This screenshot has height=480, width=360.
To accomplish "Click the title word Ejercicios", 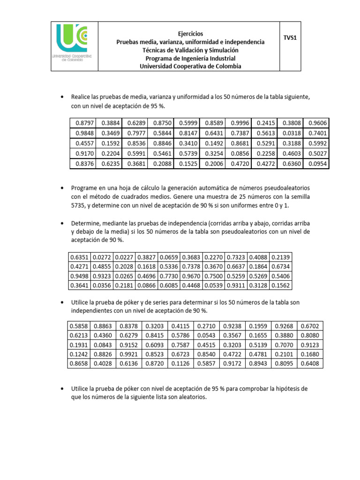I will pyautogui.click(x=190, y=34).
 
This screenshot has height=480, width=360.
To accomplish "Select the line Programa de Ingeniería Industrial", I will pyautogui.click(x=190, y=58).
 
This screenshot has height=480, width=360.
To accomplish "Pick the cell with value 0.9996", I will pyautogui.click(x=240, y=123).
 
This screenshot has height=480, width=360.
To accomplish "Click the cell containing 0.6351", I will pyautogui.click(x=79, y=257).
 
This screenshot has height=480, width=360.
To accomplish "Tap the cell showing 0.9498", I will pyautogui.click(x=79, y=276).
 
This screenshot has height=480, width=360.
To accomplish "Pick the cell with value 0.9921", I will pyautogui.click(x=129, y=354).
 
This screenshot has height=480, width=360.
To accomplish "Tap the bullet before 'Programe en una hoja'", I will pyautogui.click(x=62, y=187).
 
